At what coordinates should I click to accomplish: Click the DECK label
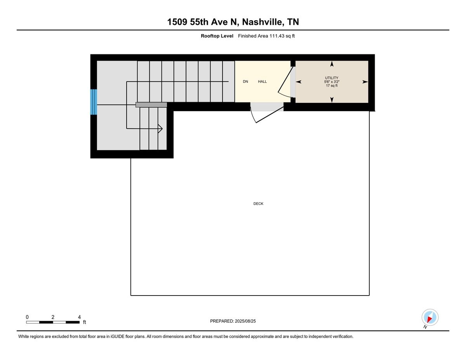click(x=258, y=204)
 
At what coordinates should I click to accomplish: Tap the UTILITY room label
click(x=332, y=78)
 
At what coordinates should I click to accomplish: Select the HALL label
click(x=262, y=82)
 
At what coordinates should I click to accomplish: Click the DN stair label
click(x=245, y=82)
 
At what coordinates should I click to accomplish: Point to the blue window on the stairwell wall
click(x=94, y=102)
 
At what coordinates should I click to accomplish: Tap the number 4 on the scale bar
click(x=79, y=317)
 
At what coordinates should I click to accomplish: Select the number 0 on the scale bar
click(x=27, y=317)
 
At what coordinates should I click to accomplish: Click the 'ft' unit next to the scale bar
click(x=85, y=322)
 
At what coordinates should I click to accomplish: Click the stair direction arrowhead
click(x=160, y=129)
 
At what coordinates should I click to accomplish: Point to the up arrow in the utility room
click(x=332, y=64)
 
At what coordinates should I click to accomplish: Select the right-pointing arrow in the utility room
click(x=365, y=82)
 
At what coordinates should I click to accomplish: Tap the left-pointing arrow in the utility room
click(x=299, y=82)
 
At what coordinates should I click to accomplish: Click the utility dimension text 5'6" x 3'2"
click(x=332, y=82)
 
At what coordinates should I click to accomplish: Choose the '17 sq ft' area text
click(x=332, y=85)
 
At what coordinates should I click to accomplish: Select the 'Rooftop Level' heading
click(x=217, y=36)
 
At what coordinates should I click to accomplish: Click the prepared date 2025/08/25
click(x=245, y=321)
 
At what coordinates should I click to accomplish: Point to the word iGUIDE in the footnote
click(x=117, y=337)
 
